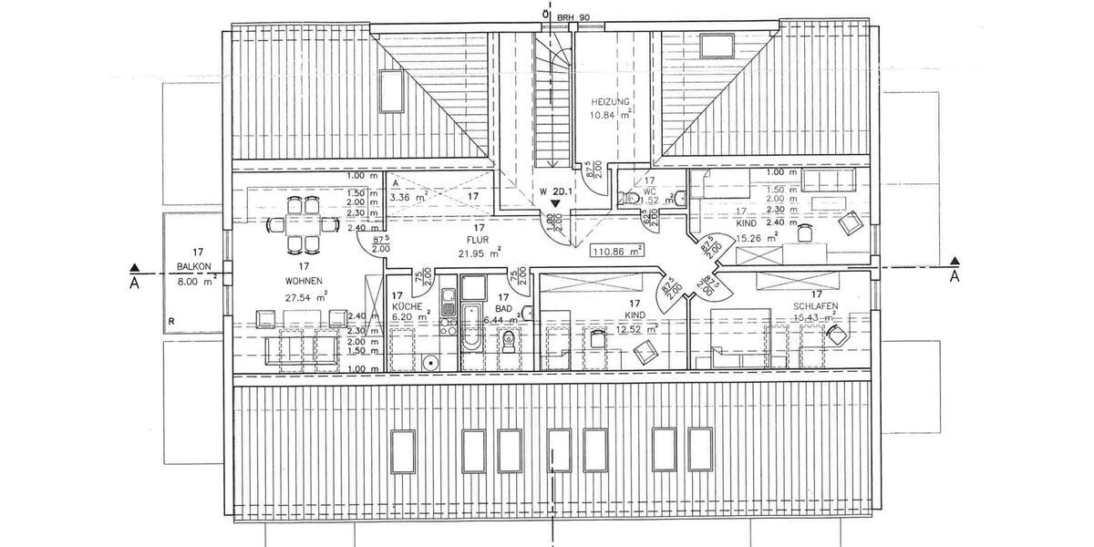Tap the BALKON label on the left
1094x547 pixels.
tap(194, 266)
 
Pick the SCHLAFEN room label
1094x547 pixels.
tap(816, 306)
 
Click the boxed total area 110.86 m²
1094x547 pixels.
tap(618, 250)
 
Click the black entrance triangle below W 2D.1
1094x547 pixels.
tap(555, 206)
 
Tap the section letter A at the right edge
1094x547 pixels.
tap(954, 276)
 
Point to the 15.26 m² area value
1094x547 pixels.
tap(757, 239)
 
